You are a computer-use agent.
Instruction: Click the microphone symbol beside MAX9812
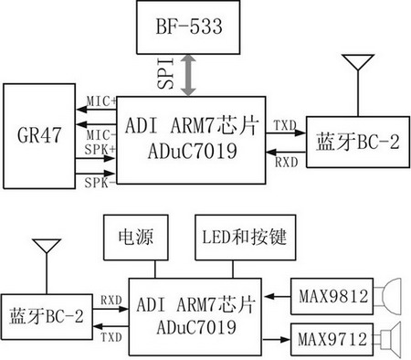tap(389, 296)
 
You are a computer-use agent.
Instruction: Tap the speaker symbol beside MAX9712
tap(388, 339)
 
